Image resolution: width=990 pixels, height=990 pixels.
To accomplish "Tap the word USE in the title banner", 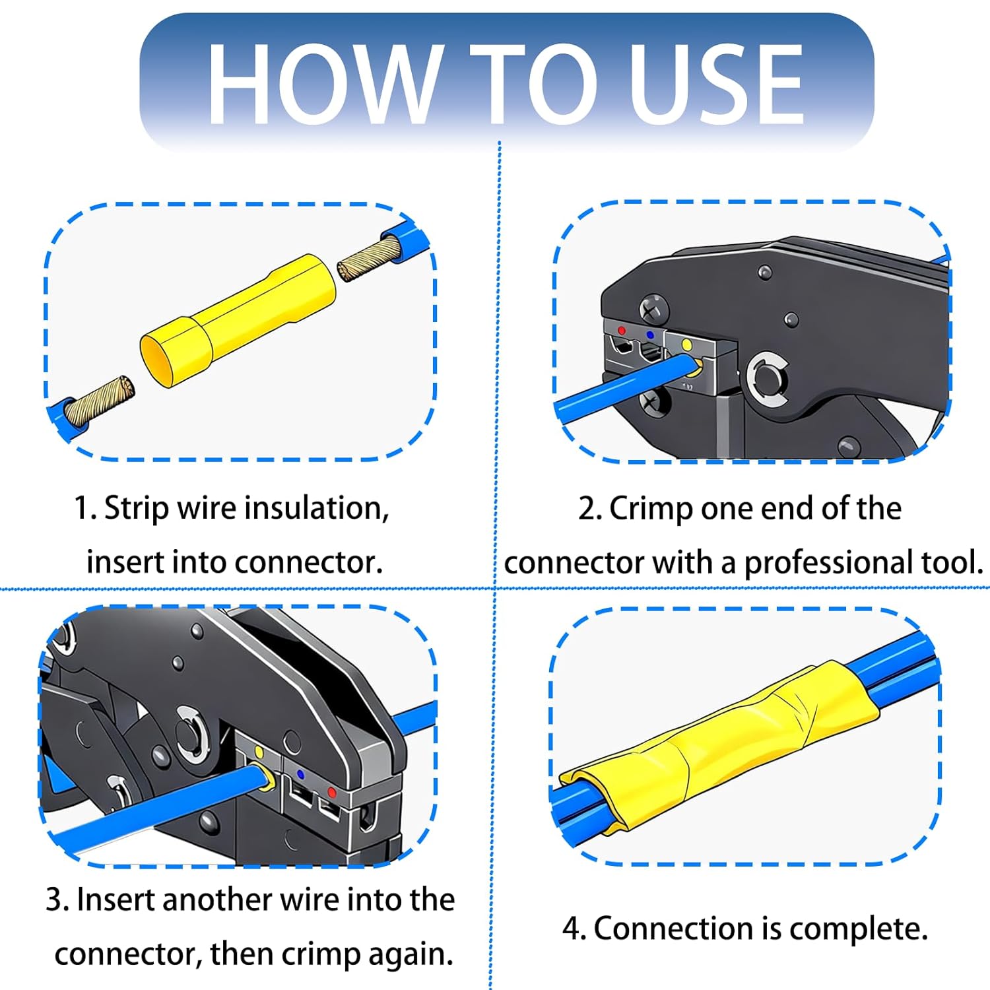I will pyautogui.click(x=716, y=84).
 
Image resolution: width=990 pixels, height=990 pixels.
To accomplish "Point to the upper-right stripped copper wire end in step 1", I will pyautogui.click(x=370, y=259).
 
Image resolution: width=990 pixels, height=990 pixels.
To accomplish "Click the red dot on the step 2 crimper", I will pyautogui.click(x=621, y=331).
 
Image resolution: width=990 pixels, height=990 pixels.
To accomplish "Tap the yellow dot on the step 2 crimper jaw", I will pyautogui.click(x=686, y=345).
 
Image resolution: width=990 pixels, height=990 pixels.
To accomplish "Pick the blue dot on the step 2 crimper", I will pyautogui.click(x=651, y=335).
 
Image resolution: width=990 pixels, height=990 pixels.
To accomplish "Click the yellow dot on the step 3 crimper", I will pyautogui.click(x=259, y=752).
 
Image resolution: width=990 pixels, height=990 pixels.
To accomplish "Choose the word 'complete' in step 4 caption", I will pyautogui.click(x=858, y=929).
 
